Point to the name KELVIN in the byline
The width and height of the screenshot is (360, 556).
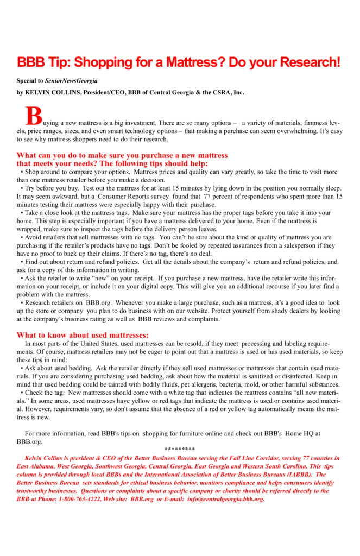[x=38, y=92]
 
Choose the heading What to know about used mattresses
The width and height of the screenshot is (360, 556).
[x=83, y=335]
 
